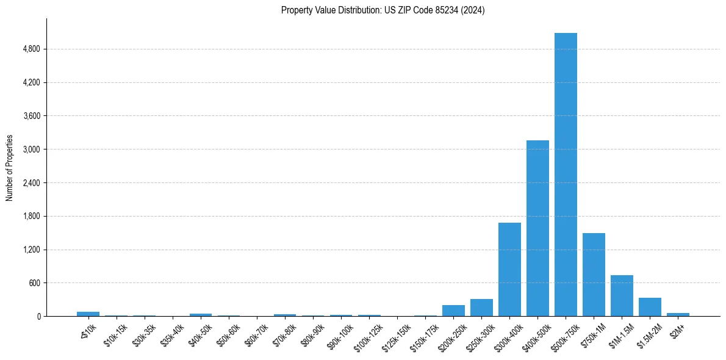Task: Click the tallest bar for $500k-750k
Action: coord(566,175)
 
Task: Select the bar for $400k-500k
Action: coord(537,228)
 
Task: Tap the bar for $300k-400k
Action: coord(509,269)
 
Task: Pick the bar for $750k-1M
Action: coord(594,275)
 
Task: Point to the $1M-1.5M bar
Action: coord(622,296)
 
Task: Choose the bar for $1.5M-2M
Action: coord(650,307)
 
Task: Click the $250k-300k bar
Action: coord(481,308)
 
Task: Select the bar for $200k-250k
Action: coord(453,311)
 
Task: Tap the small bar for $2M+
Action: coord(678,314)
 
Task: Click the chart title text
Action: coord(383,10)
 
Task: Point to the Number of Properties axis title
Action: coord(10,168)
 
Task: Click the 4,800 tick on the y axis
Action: coord(31,49)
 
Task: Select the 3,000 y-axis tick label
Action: coord(31,149)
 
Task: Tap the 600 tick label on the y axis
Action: coord(34,283)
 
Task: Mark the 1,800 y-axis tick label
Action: coord(31,216)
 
